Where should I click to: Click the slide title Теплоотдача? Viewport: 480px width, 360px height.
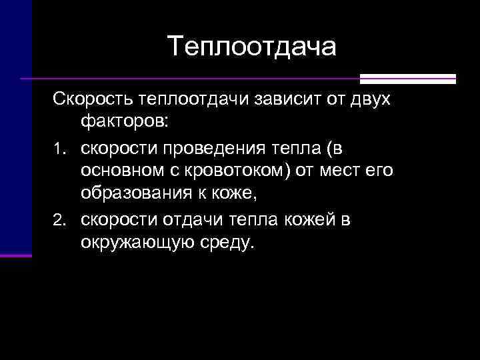tap(253, 47)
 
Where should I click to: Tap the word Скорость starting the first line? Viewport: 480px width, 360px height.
tap(93, 99)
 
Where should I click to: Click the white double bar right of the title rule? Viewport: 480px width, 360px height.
tap(408, 79)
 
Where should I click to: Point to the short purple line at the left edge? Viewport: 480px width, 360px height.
tap(16, 255)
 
